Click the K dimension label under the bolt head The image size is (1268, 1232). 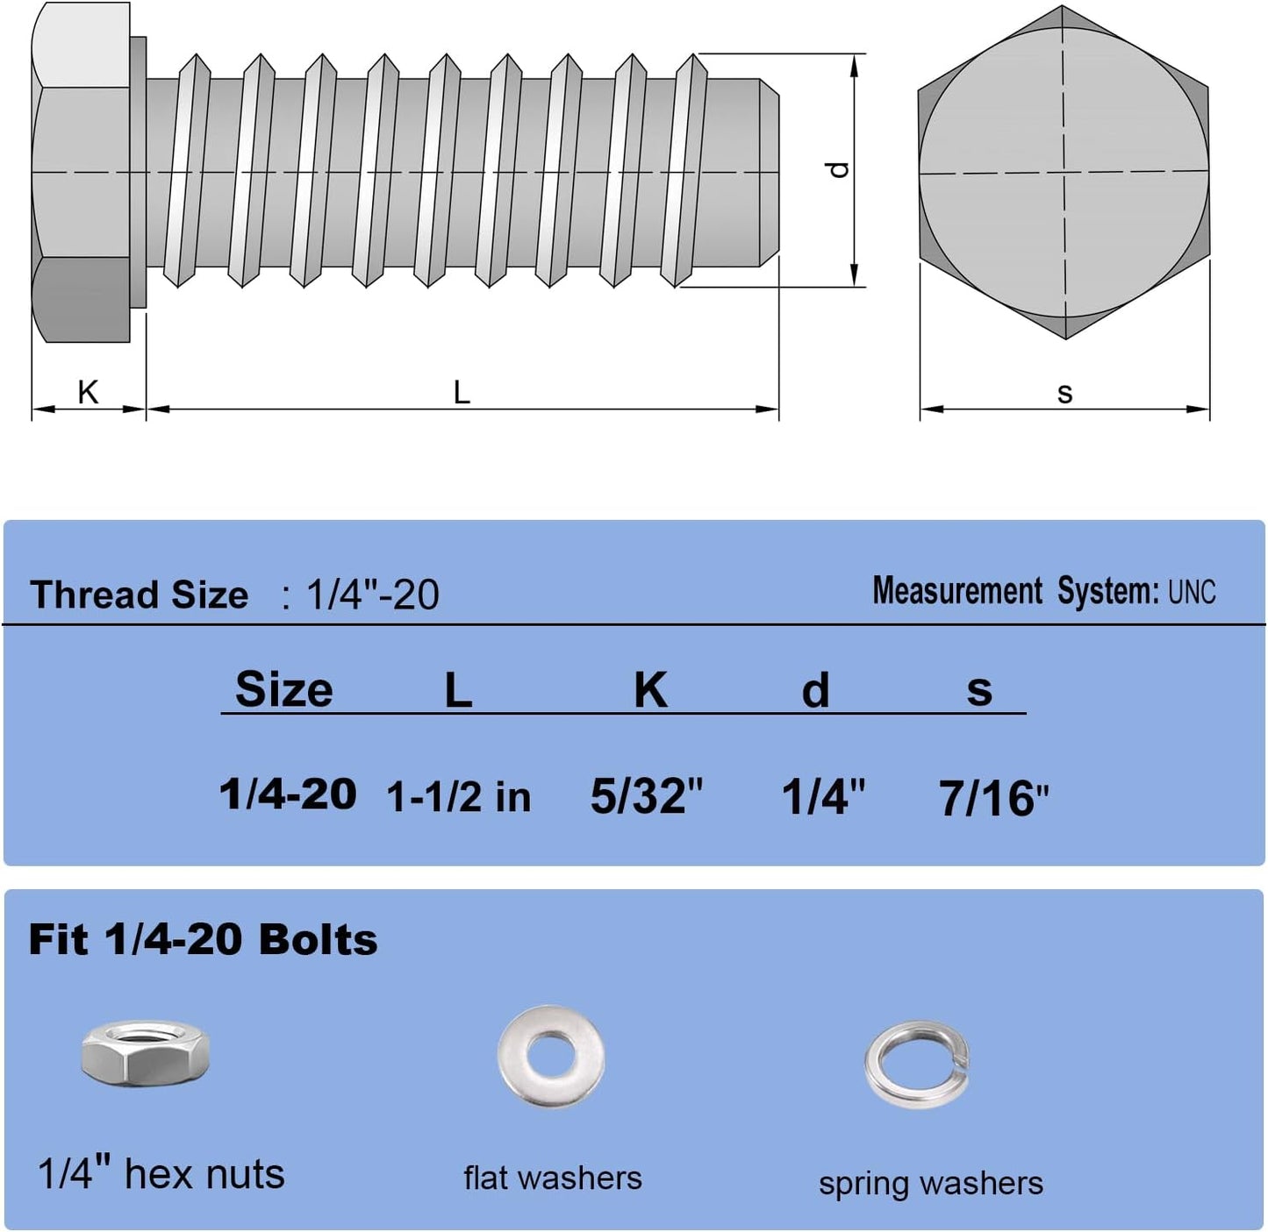coord(88,392)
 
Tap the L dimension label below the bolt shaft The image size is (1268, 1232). coord(462,392)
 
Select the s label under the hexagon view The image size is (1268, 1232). coord(1064,394)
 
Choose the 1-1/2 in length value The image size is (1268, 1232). coord(459,797)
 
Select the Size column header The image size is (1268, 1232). coord(284,689)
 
